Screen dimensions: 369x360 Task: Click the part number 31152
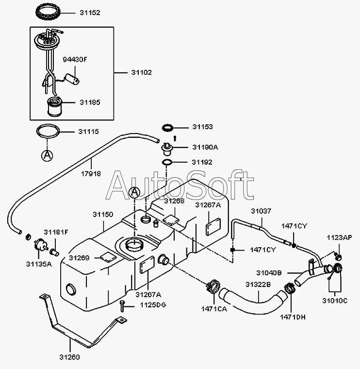tap(90, 13)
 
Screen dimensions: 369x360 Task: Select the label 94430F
tap(75, 60)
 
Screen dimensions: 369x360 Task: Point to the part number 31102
tap(142, 72)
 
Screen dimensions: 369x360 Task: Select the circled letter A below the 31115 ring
tap(47, 155)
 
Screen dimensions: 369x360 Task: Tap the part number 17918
tap(91, 173)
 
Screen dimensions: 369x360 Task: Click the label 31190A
tap(205, 147)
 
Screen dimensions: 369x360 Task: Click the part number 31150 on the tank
tap(103, 214)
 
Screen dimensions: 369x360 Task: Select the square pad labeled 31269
tap(107, 257)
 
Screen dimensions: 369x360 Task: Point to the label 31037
tap(261, 211)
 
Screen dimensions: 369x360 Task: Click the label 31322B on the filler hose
tap(258, 285)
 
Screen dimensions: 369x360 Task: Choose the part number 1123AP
tap(339, 238)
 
